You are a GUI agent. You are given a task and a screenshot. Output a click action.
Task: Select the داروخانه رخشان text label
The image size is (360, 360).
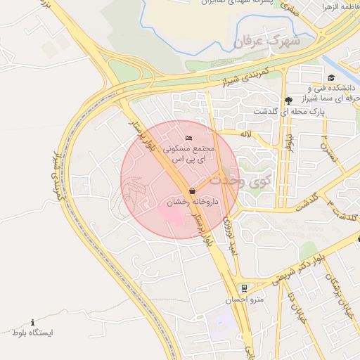[193, 202]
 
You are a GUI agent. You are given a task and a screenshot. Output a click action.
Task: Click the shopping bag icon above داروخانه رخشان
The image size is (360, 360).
[192, 191]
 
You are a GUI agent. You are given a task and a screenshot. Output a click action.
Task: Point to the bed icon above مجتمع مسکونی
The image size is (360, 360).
[187, 137]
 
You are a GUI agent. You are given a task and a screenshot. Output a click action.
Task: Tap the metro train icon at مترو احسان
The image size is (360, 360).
[244, 288]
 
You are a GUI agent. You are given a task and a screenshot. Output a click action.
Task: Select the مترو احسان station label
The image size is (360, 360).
[244, 300]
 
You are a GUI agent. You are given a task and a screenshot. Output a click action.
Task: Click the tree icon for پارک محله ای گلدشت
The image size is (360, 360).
[288, 100]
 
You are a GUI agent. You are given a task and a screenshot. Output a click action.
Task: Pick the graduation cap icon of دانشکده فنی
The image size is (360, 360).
[330, 77]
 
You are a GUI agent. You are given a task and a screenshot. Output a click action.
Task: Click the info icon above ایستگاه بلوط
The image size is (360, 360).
[32, 321]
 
